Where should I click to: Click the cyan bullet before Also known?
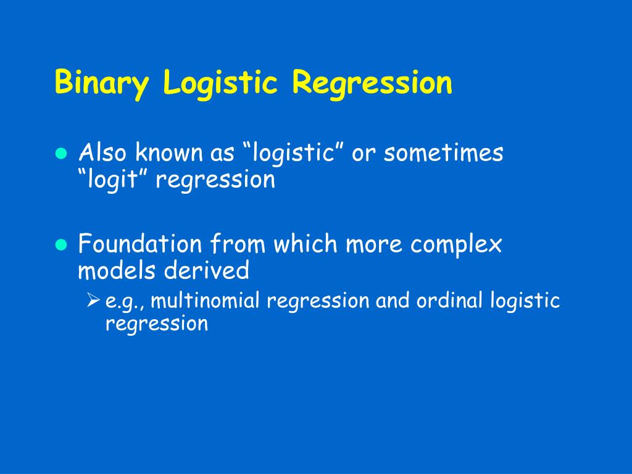tap(60, 154)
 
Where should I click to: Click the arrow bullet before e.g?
tap(93, 301)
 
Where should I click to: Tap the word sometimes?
tap(443, 153)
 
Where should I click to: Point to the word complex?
tap(457, 244)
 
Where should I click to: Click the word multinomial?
tap(206, 301)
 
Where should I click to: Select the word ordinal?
tap(450, 301)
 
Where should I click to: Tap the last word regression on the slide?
tap(157, 323)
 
